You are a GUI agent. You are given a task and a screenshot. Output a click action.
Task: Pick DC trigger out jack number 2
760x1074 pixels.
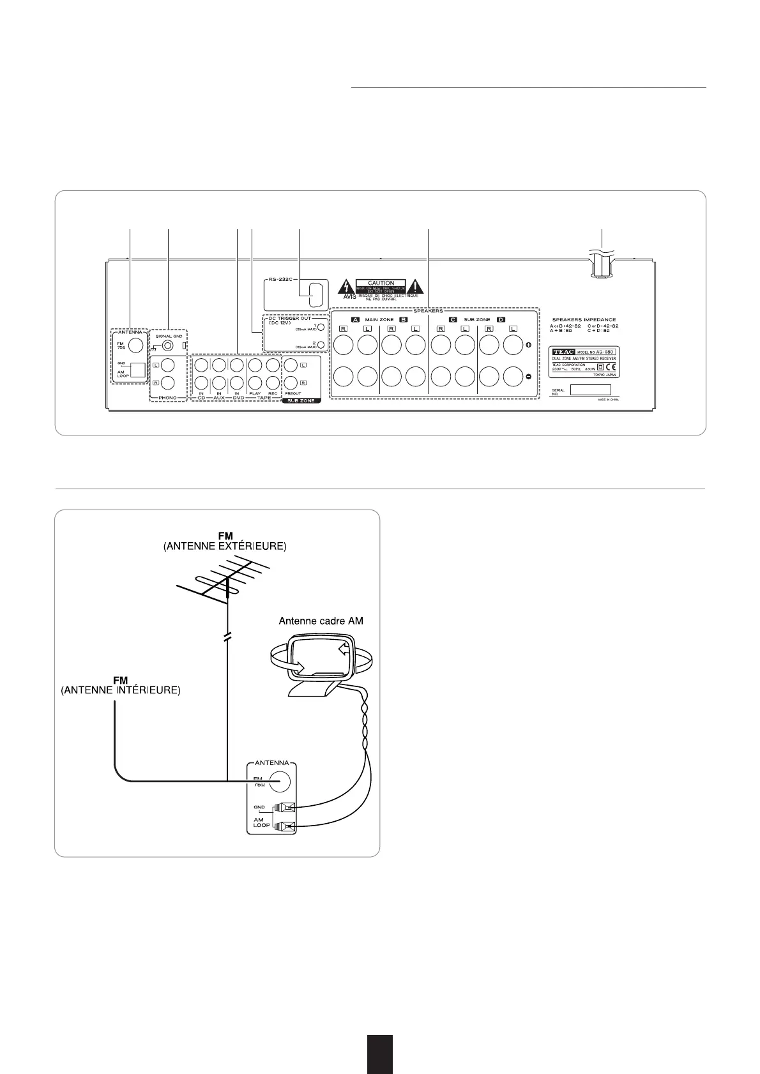321,345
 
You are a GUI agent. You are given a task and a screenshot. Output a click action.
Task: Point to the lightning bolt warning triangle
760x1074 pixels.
346,285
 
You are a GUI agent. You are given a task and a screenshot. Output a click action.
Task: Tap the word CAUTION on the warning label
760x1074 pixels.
381,283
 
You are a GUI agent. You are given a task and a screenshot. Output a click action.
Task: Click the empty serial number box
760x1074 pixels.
589,390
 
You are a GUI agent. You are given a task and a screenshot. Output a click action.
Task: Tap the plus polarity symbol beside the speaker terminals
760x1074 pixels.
528,345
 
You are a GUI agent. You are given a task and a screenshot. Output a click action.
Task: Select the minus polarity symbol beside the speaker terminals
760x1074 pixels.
528,377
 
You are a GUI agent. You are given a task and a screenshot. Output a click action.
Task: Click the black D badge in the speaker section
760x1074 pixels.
501,319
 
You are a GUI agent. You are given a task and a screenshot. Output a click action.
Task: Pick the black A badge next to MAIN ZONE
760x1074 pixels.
356,319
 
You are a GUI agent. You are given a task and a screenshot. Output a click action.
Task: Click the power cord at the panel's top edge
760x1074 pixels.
601,264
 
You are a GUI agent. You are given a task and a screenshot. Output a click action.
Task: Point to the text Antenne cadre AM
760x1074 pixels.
321,620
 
